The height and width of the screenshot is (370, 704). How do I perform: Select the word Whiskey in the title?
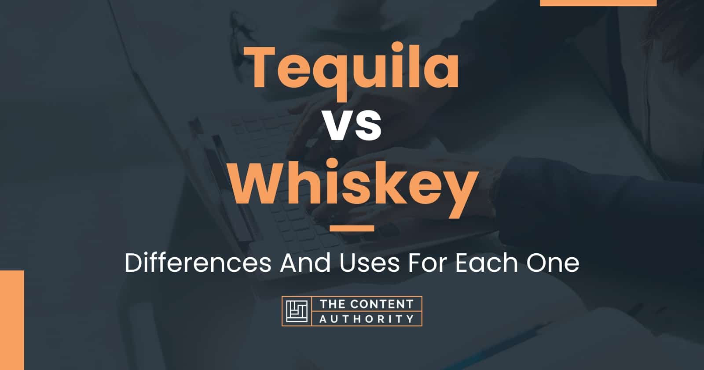(353, 188)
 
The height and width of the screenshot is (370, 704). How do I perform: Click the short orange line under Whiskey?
(352, 228)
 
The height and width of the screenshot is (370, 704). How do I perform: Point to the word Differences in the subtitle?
(198, 263)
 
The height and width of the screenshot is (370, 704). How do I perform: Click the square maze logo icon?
(297, 311)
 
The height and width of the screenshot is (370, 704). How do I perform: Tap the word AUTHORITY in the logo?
(367, 319)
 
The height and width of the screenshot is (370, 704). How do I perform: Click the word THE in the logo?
(332, 304)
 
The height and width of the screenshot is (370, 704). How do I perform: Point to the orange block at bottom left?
(12, 320)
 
